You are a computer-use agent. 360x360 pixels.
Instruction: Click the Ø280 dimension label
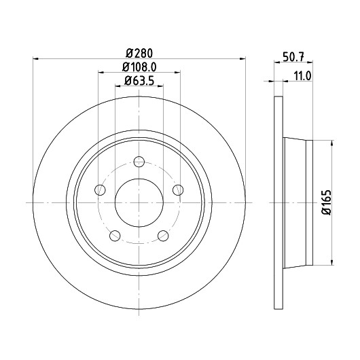tap(139, 53)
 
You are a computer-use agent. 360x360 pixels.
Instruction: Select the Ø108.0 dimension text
tap(139, 67)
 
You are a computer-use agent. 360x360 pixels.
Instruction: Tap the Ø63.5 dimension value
tap(139, 81)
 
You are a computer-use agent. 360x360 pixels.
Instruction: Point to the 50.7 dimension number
tap(293, 57)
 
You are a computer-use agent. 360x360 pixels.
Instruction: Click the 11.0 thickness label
tap(302, 76)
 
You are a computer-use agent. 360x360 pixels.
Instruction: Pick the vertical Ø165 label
tap(327, 202)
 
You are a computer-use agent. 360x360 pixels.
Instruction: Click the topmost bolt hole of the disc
tap(139, 162)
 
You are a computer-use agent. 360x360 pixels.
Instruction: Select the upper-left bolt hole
tap(100, 190)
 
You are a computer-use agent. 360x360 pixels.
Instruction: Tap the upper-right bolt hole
tap(178, 190)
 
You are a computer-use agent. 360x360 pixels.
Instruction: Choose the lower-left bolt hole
tap(115, 236)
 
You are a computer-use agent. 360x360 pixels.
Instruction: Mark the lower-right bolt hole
tap(163, 236)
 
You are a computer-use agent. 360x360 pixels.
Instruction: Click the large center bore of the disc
tap(139, 202)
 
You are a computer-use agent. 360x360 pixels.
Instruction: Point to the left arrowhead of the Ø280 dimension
tap(36, 59)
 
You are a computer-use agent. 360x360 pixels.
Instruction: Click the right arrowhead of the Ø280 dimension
tap(242, 59)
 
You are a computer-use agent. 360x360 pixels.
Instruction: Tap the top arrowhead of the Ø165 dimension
tap(331, 143)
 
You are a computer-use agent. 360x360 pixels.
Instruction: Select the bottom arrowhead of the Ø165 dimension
tap(331, 262)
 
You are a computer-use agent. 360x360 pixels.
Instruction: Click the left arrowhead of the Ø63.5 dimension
tap(118, 86)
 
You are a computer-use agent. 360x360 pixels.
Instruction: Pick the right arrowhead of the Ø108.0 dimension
tap(177, 72)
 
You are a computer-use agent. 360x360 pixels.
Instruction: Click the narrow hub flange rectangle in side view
tap(310, 202)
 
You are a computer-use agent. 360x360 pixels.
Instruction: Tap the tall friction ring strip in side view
tap(278, 202)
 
